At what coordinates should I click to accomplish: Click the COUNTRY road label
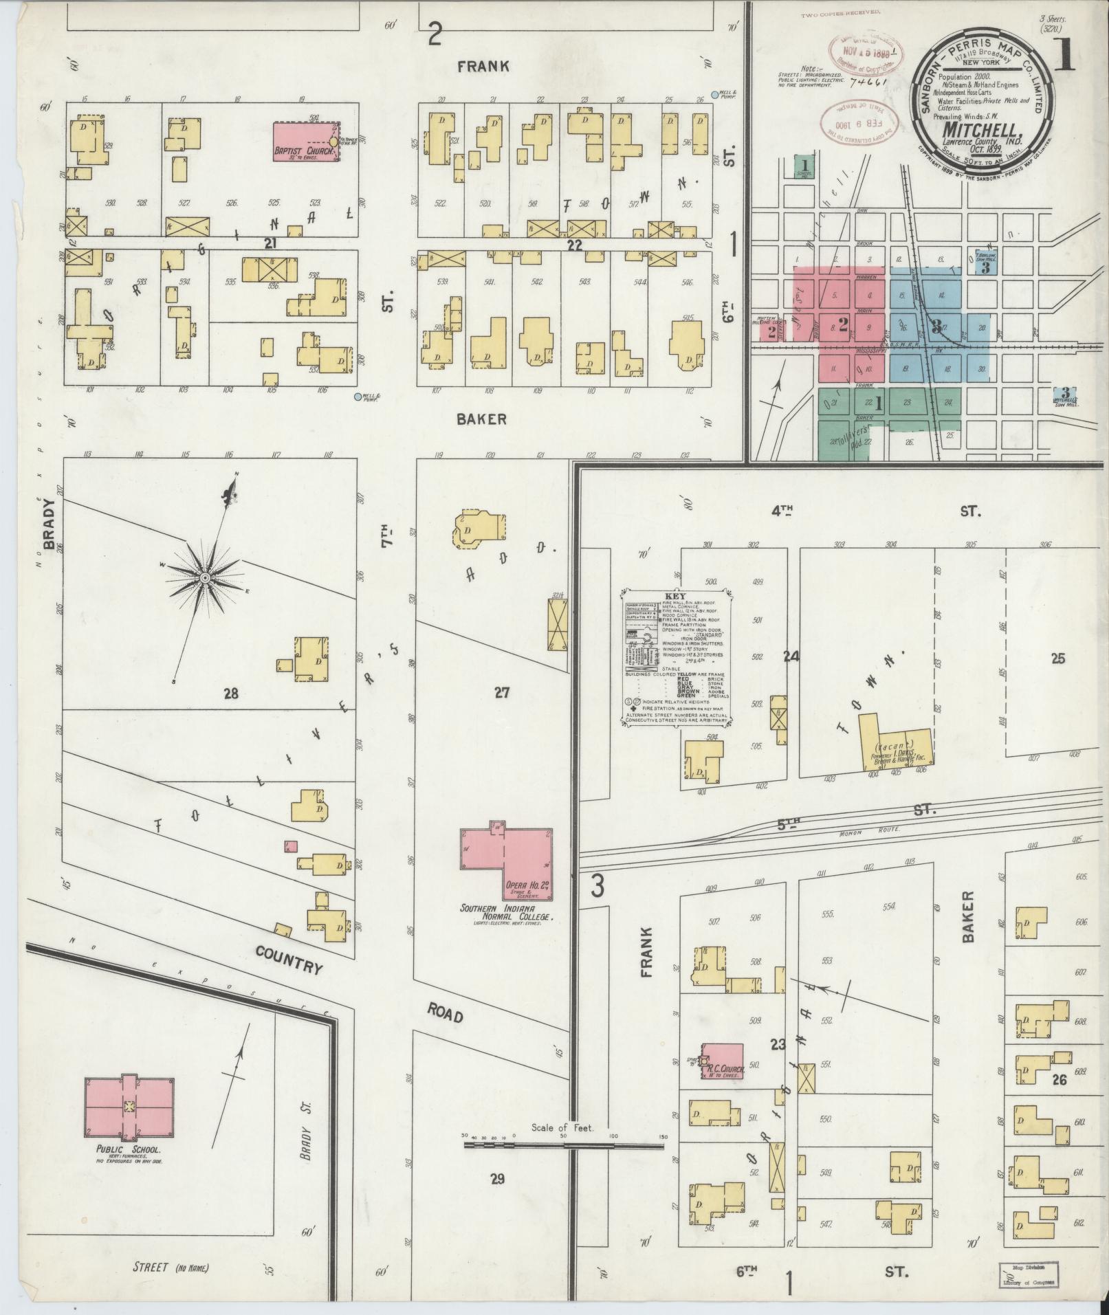coord(289,960)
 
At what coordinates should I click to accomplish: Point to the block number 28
coord(230,694)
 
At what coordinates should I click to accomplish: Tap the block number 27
coord(502,692)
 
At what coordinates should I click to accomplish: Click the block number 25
coord(1057,659)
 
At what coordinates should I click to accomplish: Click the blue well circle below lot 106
coord(357,397)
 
